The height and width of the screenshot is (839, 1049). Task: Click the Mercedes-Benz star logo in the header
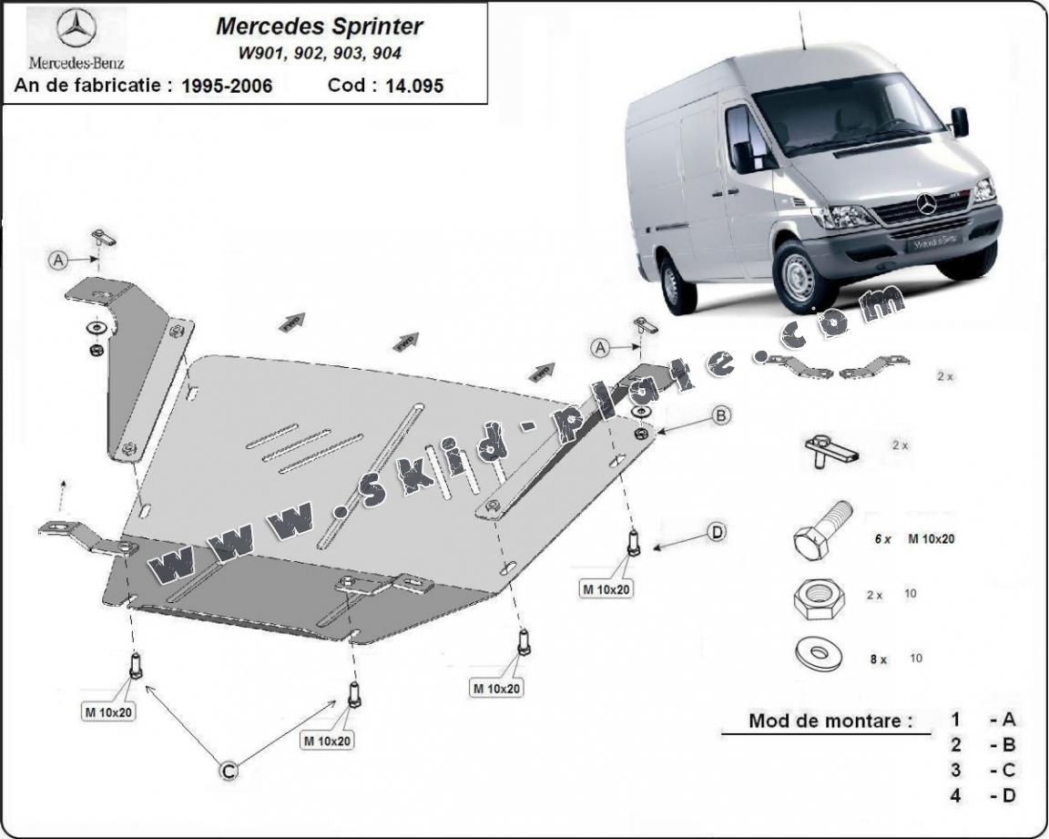(76, 29)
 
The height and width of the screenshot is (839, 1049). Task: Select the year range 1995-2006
(227, 87)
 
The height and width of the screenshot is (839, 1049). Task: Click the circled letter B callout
(720, 415)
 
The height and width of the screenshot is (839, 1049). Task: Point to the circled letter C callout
(229, 771)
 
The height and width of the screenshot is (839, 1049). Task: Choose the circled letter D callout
(717, 532)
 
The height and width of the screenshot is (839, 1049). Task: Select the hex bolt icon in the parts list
(821, 534)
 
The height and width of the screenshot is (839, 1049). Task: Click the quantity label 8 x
(878, 659)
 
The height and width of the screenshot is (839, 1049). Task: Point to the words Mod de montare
(830, 721)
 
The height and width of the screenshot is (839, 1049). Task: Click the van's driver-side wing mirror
(959, 121)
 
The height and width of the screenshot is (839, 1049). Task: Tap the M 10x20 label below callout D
(606, 588)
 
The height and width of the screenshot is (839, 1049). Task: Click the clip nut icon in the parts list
(829, 448)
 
